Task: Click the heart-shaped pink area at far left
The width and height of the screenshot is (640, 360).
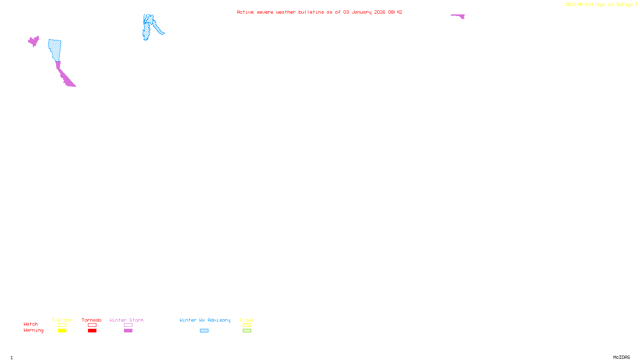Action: click(x=33, y=41)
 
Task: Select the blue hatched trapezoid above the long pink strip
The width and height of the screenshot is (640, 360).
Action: click(x=55, y=49)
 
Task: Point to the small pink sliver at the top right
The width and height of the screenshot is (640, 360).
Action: click(x=459, y=16)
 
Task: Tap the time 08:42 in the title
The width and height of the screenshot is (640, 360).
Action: click(x=395, y=12)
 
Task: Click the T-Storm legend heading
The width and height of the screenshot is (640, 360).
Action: click(x=62, y=320)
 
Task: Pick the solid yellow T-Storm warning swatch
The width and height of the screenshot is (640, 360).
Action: click(x=62, y=331)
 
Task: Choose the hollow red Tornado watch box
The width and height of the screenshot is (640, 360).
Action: click(x=92, y=325)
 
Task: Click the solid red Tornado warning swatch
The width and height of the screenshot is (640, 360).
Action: click(x=92, y=331)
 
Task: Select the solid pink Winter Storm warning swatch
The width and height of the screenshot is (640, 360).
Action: click(x=128, y=331)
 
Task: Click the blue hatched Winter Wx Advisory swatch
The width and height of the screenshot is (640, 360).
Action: click(x=204, y=331)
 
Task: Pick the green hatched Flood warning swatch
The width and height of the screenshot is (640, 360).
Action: click(x=247, y=331)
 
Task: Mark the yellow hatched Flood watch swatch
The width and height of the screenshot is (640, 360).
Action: click(x=247, y=325)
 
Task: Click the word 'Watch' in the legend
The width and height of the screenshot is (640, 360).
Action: click(x=31, y=324)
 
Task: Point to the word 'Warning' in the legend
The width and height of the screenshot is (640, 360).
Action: click(x=33, y=330)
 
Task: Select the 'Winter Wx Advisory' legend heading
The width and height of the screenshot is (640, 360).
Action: click(x=205, y=320)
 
